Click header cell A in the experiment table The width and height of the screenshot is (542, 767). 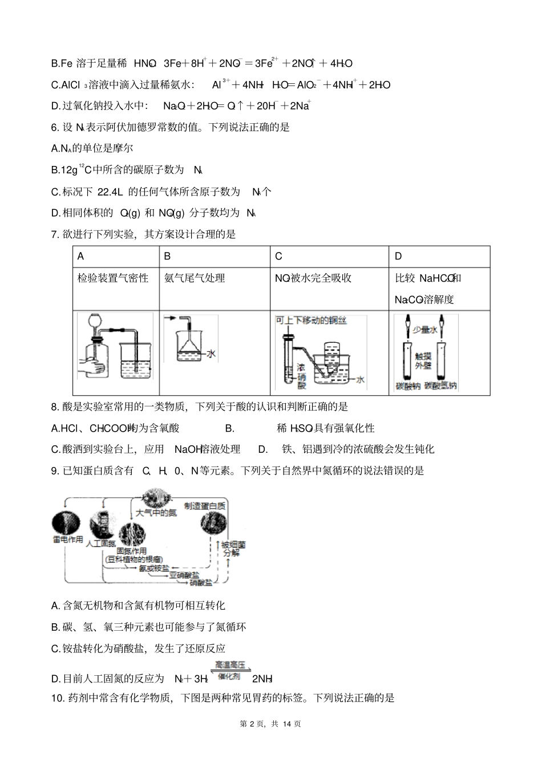click(81, 256)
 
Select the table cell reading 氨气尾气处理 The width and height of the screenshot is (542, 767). click(195, 278)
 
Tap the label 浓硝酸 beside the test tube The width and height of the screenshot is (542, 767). click(301, 376)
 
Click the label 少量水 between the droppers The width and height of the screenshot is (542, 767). click(425, 330)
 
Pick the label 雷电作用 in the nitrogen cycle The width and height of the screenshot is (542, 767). click(68, 539)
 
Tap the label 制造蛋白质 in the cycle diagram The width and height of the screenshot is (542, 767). click(205, 506)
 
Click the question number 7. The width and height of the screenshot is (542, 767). click(55, 234)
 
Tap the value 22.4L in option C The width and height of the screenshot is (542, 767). click(120, 192)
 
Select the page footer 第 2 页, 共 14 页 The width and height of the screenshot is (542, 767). click(270, 724)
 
